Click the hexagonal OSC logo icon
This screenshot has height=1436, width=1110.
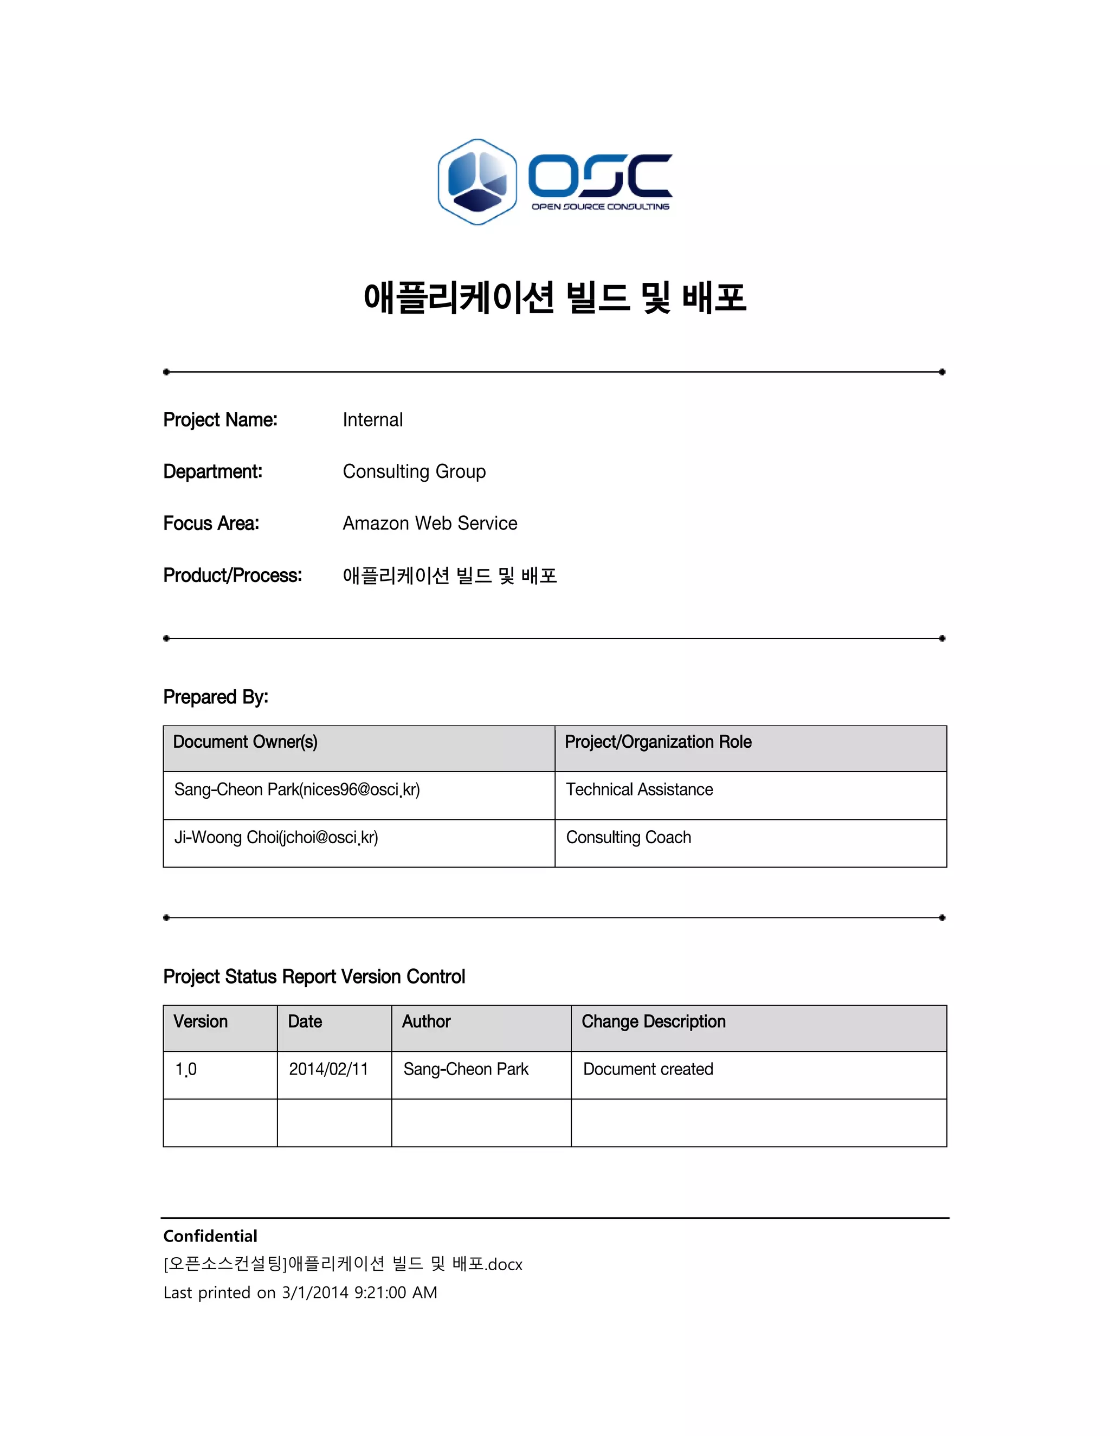click(477, 182)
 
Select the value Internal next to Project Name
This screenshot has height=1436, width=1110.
click(372, 419)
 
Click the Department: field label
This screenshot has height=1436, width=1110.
click(212, 471)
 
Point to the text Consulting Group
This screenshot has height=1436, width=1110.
click(414, 471)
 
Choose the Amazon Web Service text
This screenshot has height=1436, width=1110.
click(429, 523)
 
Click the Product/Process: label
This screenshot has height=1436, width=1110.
click(232, 575)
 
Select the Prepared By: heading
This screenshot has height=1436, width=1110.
click(216, 697)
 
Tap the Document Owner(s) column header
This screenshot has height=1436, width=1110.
click(246, 742)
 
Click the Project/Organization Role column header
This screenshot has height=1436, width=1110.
click(657, 742)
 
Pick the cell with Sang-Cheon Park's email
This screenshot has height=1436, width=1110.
click(296, 790)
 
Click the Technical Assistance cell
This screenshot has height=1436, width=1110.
click(639, 790)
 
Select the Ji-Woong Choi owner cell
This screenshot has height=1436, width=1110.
click(275, 838)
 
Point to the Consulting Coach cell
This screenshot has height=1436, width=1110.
click(628, 838)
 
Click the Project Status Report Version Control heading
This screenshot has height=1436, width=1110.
click(314, 976)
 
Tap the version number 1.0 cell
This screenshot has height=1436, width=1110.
click(186, 1070)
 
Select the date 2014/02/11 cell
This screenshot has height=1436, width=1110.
click(328, 1070)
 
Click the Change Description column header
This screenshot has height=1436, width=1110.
click(654, 1022)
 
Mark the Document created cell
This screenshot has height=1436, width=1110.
click(648, 1070)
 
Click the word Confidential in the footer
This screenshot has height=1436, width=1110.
click(210, 1236)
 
